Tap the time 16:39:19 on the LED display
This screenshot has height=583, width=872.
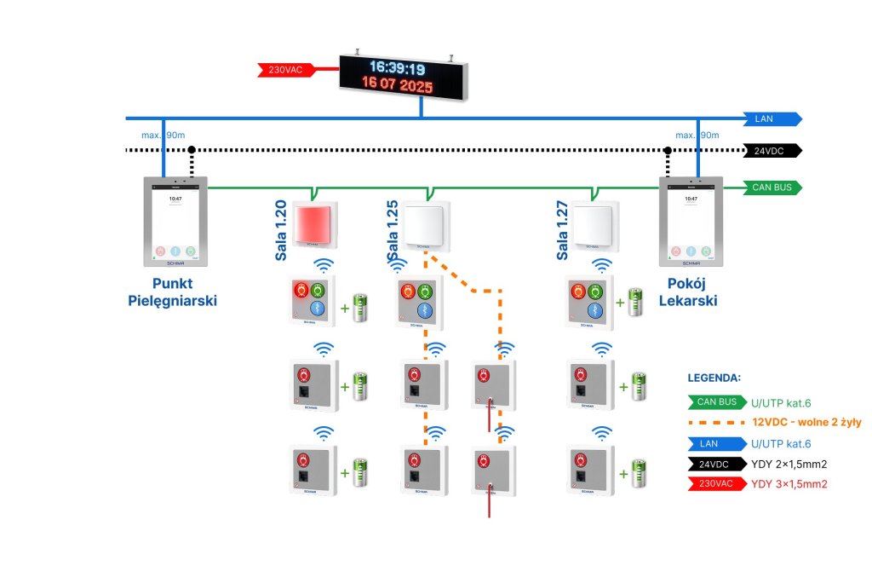[x=397, y=68]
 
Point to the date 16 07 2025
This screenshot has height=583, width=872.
[x=397, y=86]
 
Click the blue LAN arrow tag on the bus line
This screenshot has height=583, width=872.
[x=771, y=118]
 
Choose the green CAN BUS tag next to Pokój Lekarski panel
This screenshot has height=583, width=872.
[x=771, y=187]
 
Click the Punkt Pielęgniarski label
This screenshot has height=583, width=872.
[x=173, y=291]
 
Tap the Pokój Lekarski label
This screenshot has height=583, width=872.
[x=688, y=291]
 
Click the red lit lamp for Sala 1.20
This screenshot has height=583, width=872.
[x=314, y=222]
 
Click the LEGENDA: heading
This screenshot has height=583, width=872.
[x=714, y=377]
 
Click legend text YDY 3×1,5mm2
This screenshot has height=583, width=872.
[x=789, y=484]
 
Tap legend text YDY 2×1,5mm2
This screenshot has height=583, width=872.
[x=789, y=465]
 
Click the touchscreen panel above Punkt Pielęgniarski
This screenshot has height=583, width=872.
[x=175, y=222]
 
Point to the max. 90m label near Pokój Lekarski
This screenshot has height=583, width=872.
[x=697, y=136]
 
